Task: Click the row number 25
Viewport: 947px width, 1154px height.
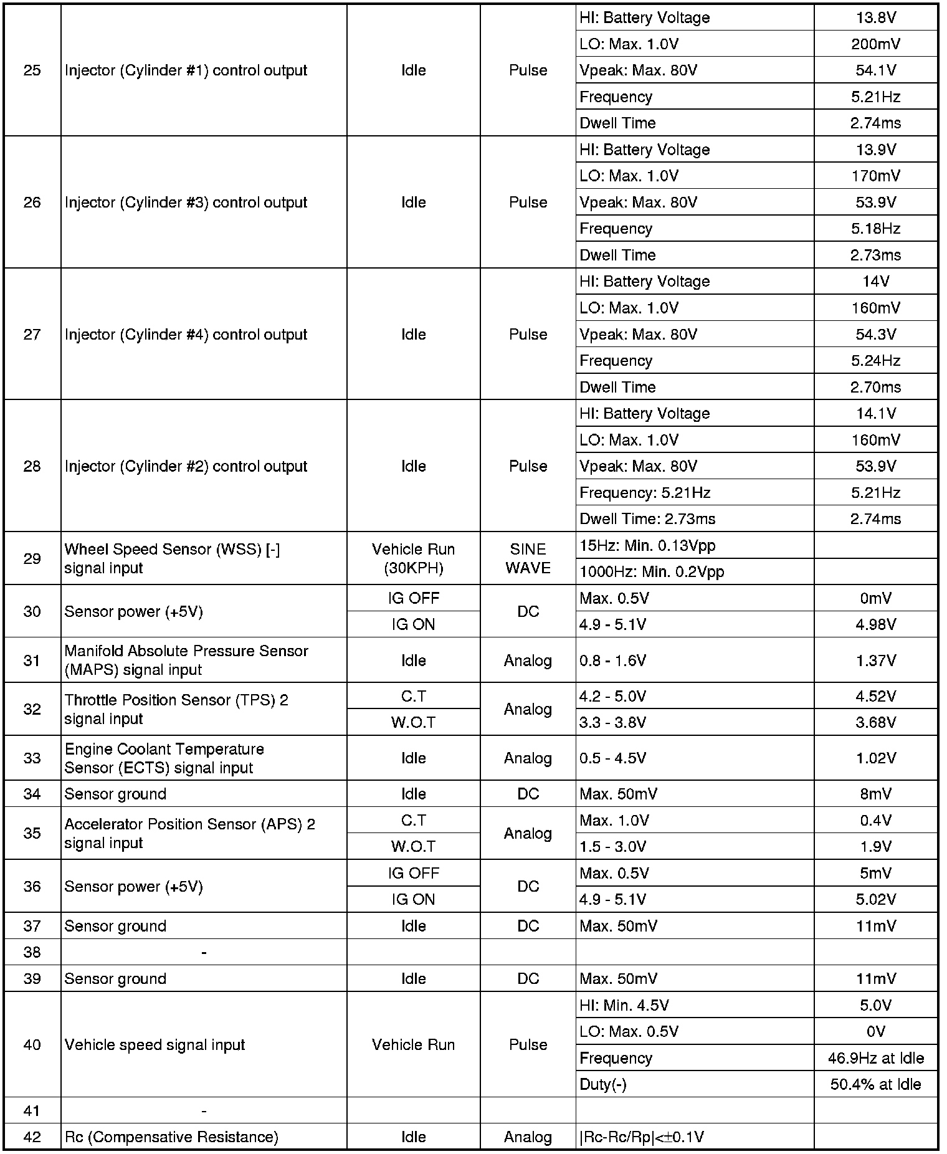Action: [x=32, y=70]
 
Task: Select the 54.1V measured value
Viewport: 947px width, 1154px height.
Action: [x=875, y=70]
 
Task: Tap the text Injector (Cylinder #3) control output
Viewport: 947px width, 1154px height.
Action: [x=186, y=203]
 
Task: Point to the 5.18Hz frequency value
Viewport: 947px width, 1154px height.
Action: [x=875, y=229]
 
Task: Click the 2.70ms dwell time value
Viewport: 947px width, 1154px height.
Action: [x=875, y=387]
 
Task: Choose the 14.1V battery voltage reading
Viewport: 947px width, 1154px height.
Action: [x=875, y=414]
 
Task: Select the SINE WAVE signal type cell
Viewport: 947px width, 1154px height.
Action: [x=528, y=558]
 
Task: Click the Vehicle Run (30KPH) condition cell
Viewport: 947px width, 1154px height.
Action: [x=413, y=558]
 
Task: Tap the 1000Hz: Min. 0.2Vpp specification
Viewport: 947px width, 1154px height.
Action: [x=652, y=572]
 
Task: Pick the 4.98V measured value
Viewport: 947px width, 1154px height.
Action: [x=875, y=624]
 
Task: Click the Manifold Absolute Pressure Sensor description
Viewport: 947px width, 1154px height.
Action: [x=186, y=660]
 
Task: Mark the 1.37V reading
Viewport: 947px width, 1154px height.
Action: [x=875, y=660]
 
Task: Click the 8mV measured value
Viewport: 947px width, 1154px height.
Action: [x=875, y=794]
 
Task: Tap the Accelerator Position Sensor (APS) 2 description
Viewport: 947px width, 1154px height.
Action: [x=189, y=833]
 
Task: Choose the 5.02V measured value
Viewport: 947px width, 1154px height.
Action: [x=875, y=899]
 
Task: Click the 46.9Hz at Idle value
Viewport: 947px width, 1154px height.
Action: [x=875, y=1058]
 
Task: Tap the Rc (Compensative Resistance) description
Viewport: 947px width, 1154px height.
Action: [x=171, y=1137]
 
